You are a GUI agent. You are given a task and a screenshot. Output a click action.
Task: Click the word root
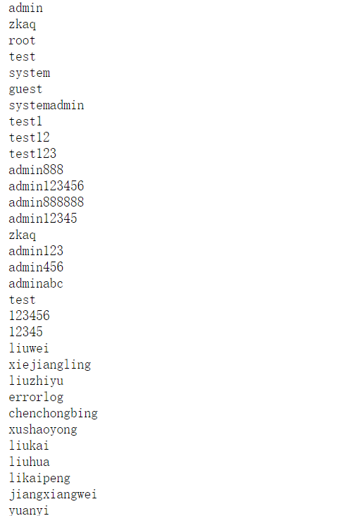22,40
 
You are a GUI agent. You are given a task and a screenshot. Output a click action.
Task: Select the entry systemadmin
46,105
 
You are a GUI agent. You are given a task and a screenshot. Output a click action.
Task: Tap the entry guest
25,90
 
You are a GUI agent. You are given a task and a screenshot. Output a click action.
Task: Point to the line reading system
30,73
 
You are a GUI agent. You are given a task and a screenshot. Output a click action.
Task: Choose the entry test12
30,137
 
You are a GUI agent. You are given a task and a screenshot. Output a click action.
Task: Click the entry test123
32,154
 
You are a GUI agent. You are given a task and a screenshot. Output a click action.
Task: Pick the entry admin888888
46,202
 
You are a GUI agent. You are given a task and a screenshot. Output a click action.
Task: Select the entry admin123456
46,186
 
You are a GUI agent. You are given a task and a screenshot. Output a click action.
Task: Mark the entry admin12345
43,219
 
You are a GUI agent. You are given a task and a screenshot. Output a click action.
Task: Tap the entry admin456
36,267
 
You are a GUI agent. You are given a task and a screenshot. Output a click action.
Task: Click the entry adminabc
36,283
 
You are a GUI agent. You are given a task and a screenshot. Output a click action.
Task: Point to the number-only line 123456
30,316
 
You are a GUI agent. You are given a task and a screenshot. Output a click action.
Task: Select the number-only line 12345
25,332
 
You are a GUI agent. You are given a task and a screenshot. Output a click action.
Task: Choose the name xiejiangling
50,364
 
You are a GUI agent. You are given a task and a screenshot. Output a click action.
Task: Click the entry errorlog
36,397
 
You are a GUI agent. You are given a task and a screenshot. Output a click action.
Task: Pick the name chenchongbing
54,413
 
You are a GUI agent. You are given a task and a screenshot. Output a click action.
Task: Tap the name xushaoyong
43,430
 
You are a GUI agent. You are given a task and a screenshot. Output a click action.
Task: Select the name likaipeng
39,478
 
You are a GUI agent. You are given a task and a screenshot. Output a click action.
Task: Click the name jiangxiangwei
53,494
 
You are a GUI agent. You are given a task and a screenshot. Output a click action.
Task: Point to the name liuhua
30,462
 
